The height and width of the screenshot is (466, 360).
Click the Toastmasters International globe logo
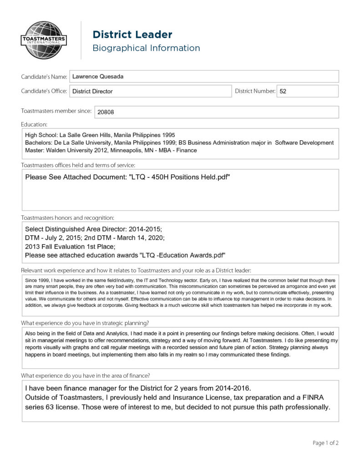coord(44,40)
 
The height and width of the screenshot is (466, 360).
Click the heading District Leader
coord(132,35)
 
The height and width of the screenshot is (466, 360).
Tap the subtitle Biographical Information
coord(146,48)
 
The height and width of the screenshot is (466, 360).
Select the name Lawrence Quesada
coord(98,76)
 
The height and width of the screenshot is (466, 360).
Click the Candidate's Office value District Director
coord(92,91)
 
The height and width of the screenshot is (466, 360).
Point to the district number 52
coord(283,91)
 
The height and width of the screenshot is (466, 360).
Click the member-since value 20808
coord(106,112)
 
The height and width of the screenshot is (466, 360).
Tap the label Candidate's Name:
coord(44,77)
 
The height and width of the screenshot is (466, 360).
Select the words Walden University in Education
coord(77,150)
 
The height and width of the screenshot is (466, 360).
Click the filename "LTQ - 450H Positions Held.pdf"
coord(180,177)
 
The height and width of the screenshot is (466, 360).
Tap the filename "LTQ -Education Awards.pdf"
coord(183,255)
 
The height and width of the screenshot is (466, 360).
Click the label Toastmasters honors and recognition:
coord(67,218)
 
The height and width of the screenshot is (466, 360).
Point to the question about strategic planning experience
coord(85,323)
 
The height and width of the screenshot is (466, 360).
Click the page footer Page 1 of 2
coord(325,443)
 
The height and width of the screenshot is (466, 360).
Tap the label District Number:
coord(255,91)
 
